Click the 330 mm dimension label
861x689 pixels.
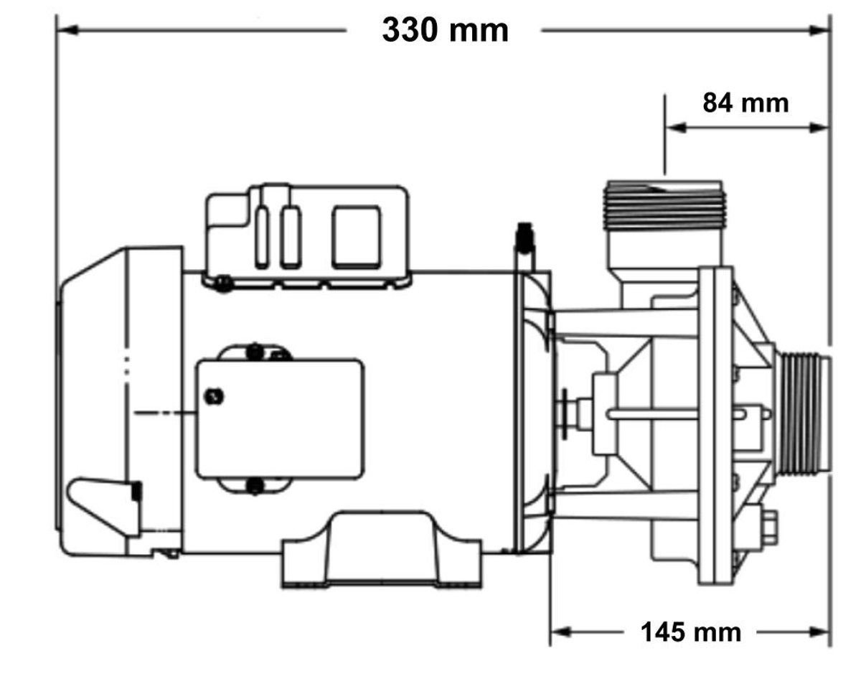445,31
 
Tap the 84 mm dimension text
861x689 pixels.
745,103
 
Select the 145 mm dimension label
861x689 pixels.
690,632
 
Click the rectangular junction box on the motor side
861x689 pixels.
280,418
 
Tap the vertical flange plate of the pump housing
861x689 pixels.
715,423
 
